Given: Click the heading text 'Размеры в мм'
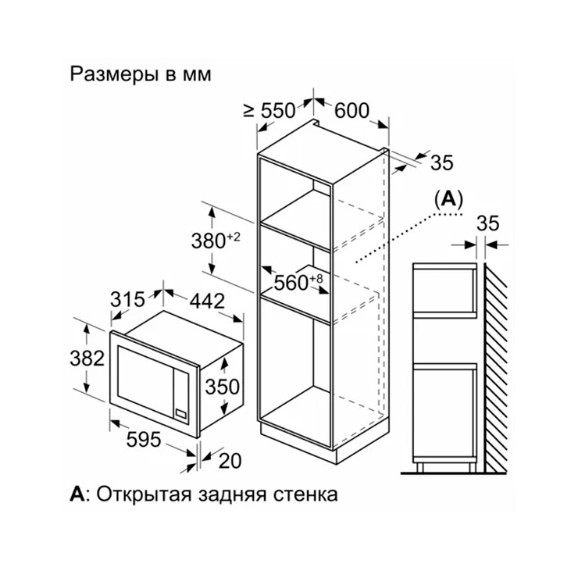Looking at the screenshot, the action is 141,74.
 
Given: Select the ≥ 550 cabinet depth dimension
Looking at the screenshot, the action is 269,110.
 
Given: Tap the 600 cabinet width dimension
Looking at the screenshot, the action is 351,110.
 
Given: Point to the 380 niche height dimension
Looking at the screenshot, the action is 209,241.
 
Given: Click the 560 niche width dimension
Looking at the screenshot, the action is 291,283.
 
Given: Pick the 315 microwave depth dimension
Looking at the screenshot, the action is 128,299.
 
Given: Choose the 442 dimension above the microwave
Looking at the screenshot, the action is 207,301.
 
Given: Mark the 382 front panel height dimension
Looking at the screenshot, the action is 87,358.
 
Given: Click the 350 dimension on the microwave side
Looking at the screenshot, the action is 223,387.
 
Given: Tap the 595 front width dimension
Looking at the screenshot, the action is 144,439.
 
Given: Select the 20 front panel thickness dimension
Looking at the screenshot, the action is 230,461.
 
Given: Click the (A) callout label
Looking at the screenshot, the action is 448,199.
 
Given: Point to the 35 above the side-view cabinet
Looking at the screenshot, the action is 488,223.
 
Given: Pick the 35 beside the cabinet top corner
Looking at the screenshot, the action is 442,162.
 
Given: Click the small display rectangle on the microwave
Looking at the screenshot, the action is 181,413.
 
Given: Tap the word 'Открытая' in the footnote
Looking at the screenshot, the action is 144,494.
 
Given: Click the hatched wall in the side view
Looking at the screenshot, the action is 495,368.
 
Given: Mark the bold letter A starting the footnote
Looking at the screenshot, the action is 77,494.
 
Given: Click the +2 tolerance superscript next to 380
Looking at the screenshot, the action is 233,237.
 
